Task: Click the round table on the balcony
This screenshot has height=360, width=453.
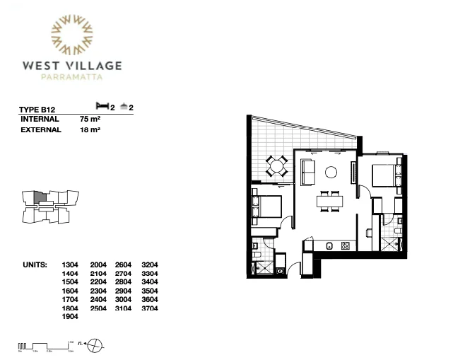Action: tap(276, 168)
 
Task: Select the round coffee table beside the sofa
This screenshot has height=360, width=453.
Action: tap(330, 171)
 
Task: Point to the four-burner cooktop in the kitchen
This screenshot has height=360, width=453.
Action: tap(345, 246)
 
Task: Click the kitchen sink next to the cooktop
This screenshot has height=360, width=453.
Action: tap(329, 246)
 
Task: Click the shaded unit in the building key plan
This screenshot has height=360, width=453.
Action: tap(40, 197)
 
